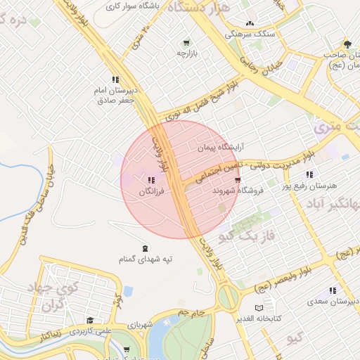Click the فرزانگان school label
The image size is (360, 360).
(155, 191)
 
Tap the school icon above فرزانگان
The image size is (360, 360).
(153, 181)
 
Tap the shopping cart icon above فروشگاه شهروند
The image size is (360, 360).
(245, 180)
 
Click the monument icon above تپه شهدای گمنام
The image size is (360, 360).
(145, 248)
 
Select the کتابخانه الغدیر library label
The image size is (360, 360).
(278, 318)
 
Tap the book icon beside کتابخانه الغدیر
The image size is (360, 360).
(259, 308)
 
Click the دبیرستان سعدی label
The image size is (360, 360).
(333, 302)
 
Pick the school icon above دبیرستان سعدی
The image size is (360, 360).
(332, 291)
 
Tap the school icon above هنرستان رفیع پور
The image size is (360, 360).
(309, 175)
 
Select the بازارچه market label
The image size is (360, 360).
(188, 53)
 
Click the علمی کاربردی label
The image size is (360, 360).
(91, 330)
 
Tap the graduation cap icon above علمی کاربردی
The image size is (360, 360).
(89, 320)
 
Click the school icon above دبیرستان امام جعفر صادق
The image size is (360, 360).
(115, 80)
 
